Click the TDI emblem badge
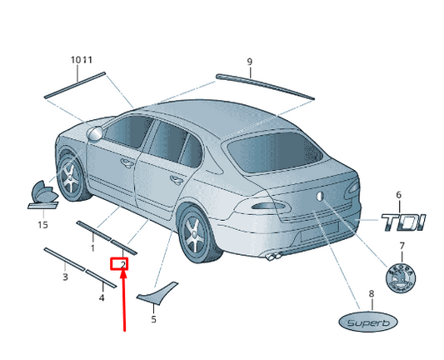(x=402, y=222)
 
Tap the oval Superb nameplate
(x=368, y=322)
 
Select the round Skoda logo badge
(x=401, y=277)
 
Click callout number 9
(x=249, y=62)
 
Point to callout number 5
(x=153, y=319)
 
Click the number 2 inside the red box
(x=123, y=264)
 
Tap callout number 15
(x=42, y=225)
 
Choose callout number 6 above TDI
(x=398, y=195)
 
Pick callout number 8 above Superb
(x=372, y=293)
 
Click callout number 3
(x=65, y=277)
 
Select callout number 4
(x=102, y=297)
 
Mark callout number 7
(x=402, y=246)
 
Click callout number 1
(x=92, y=248)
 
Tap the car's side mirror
(x=95, y=133)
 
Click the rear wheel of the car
(x=197, y=233)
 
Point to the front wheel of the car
(x=70, y=177)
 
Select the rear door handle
(x=177, y=180)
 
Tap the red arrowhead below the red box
(x=123, y=274)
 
